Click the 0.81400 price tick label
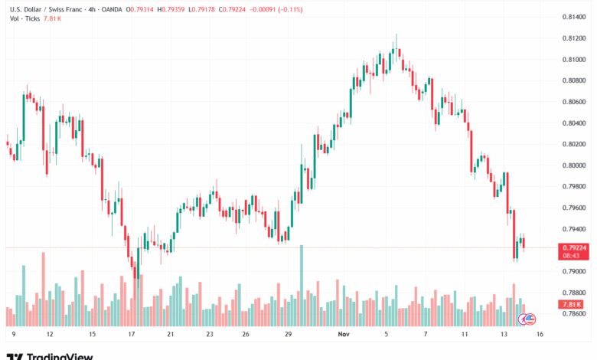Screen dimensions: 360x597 coord(574,16)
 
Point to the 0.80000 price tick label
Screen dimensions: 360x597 coord(574,165)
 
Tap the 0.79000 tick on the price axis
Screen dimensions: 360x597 coord(574,272)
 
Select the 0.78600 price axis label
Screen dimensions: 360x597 coord(574,314)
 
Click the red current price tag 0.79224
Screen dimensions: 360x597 coord(574,247)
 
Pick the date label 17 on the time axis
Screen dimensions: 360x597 coord(132,335)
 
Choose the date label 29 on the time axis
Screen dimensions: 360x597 coord(288,335)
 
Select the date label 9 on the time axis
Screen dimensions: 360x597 coord(14,335)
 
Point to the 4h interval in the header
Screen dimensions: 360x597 coord(93,9)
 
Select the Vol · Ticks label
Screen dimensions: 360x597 coord(24,20)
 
